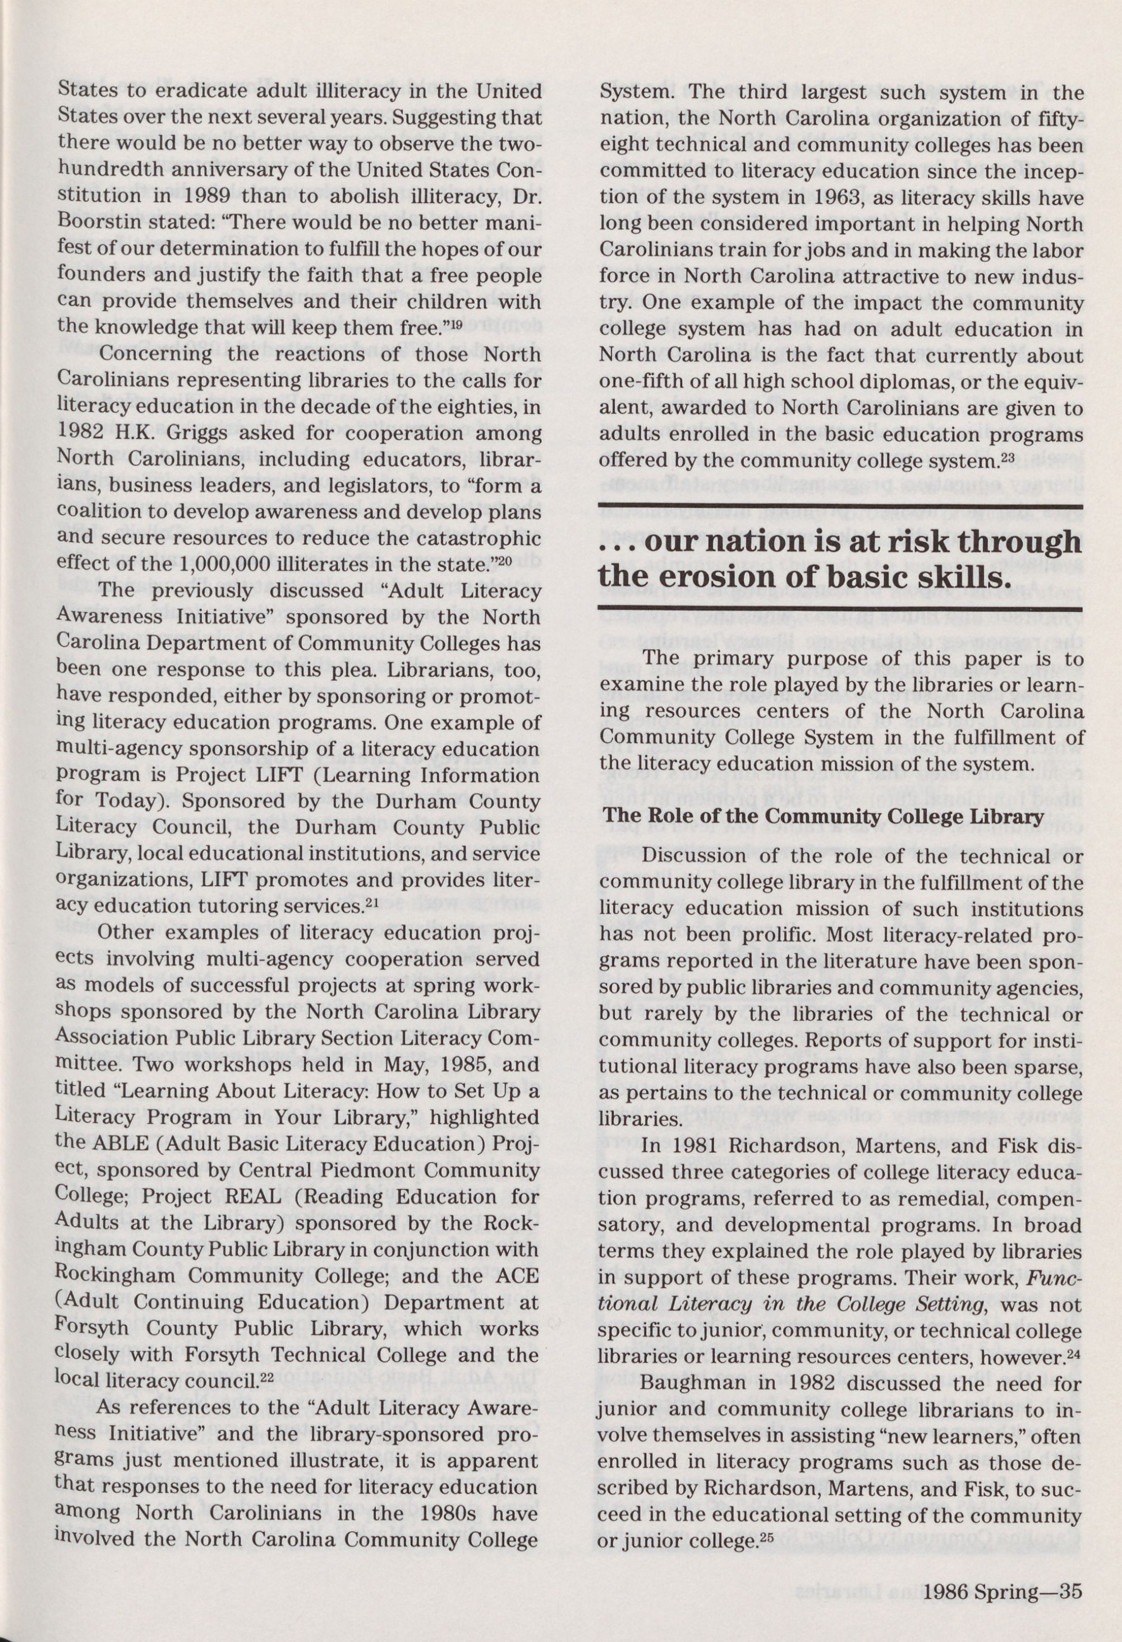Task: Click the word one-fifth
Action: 641,383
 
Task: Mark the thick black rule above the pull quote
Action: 840,505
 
